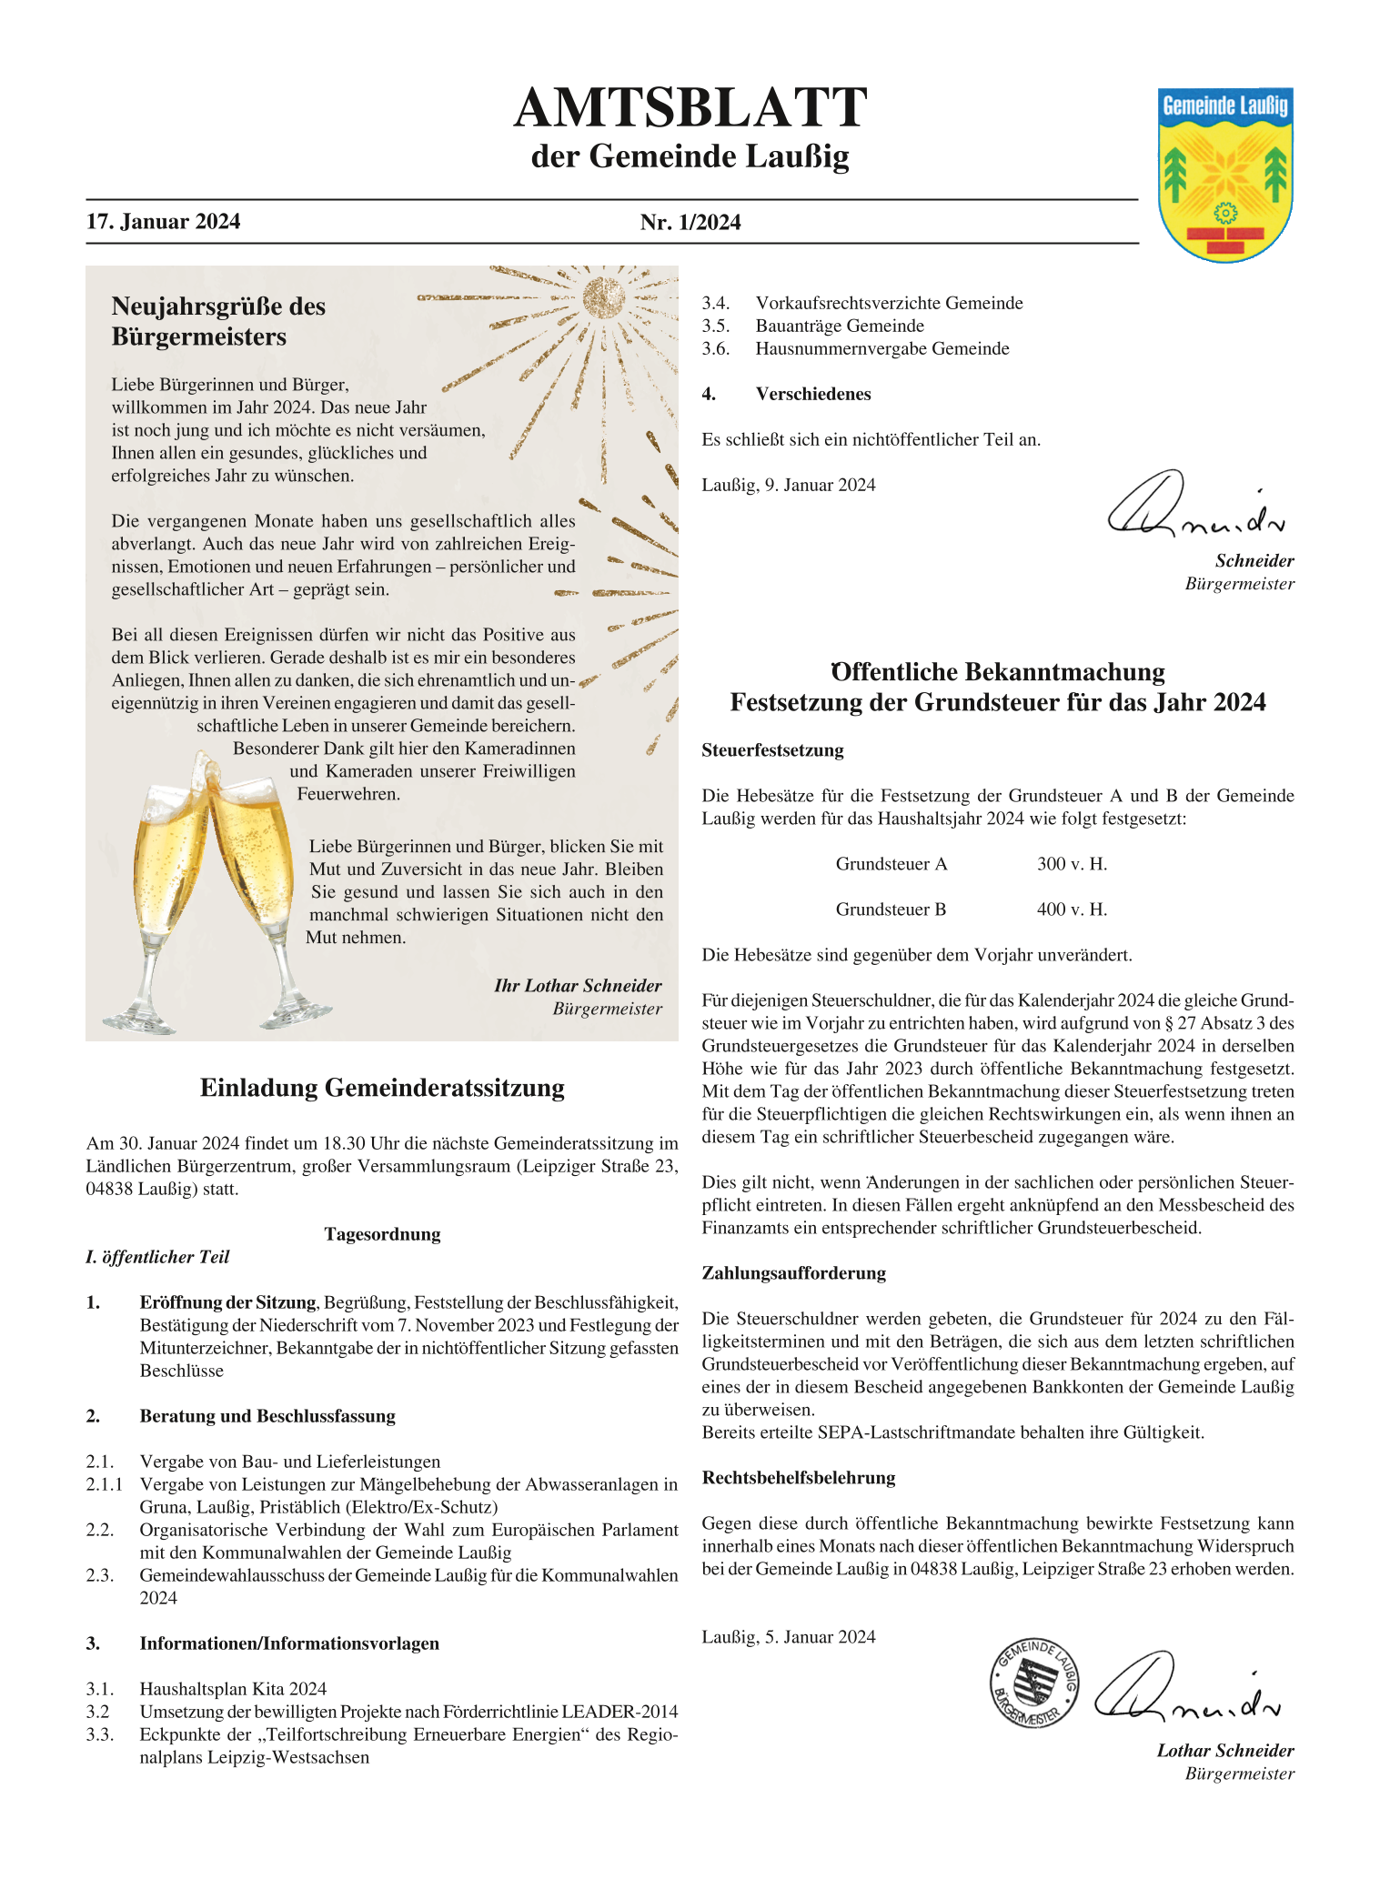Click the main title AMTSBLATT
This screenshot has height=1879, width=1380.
pyautogui.click(x=690, y=108)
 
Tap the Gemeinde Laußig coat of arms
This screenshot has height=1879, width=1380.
pyautogui.click(x=1224, y=175)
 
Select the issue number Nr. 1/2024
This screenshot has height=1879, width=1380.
pyautogui.click(x=690, y=223)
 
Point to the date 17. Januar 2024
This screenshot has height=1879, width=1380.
pyautogui.click(x=164, y=222)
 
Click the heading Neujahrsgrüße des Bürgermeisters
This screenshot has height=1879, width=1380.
pyautogui.click(x=218, y=321)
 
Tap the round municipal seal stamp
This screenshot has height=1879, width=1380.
pyautogui.click(x=1034, y=1683)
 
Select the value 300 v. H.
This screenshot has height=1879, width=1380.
pyautogui.click(x=1072, y=864)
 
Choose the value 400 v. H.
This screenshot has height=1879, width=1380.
pyautogui.click(x=1072, y=909)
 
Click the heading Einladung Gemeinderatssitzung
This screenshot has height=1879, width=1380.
pyautogui.click(x=382, y=1088)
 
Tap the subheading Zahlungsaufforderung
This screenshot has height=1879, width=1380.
pyautogui.click(x=793, y=1273)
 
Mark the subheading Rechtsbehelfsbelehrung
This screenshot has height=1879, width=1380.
pyautogui.click(x=798, y=1478)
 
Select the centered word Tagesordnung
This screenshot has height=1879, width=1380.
pyautogui.click(x=382, y=1234)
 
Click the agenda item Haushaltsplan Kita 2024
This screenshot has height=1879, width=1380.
pyautogui.click(x=233, y=1689)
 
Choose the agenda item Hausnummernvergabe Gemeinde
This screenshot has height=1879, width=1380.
pyautogui.click(x=881, y=348)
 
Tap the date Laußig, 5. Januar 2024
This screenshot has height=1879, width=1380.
pyautogui.click(x=788, y=1637)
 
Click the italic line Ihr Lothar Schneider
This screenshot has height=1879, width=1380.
pyautogui.click(x=578, y=986)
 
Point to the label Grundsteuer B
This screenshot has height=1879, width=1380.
pyautogui.click(x=891, y=909)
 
